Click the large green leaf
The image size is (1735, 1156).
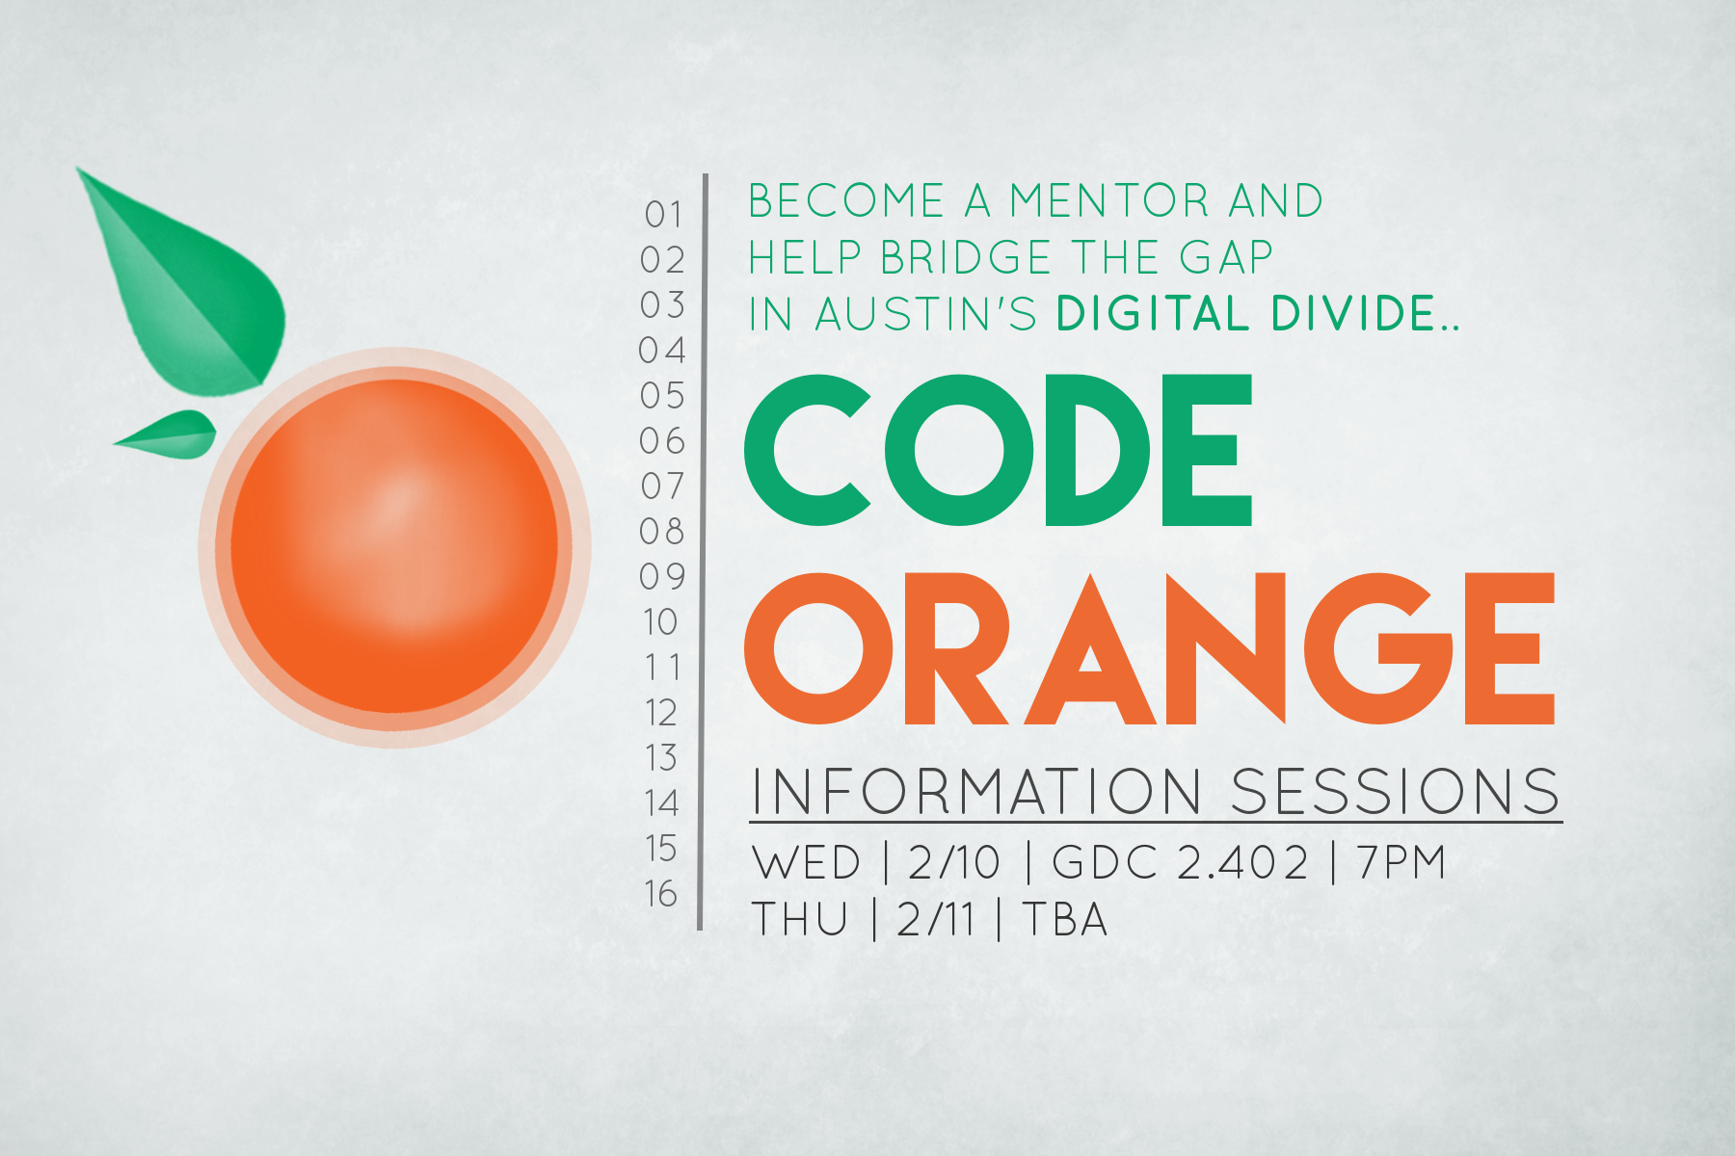193,289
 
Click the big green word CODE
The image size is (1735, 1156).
998,450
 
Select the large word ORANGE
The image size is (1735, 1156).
1149,648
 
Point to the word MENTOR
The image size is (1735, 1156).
1108,200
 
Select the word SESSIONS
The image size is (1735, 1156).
1396,792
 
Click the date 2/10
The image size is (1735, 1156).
954,862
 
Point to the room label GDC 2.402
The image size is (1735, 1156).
1180,862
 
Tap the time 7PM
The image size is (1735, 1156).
1401,862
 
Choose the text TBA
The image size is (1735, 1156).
1065,919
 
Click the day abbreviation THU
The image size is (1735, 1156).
800,919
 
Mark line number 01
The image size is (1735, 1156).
664,214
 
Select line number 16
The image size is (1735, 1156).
662,894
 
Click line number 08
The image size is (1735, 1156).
662,531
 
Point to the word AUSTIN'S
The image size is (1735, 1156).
925,314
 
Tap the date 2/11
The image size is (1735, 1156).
936,919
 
